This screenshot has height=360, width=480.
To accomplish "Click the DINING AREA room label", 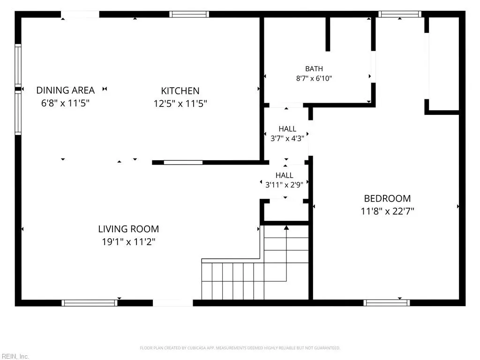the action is [x=66, y=90].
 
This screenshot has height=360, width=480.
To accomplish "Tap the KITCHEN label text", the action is [x=180, y=91].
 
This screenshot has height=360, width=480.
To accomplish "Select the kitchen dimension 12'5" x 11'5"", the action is [x=180, y=104].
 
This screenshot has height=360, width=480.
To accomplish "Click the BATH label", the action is [x=314, y=68].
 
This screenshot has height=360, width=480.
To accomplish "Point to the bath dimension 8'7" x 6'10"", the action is [x=314, y=78].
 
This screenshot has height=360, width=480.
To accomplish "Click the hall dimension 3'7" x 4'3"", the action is [x=287, y=138].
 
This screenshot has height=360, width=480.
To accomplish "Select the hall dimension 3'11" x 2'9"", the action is [x=285, y=185].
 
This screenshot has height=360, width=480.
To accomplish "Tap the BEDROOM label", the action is [x=388, y=198].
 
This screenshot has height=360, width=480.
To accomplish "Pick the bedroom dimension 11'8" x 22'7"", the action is [x=388, y=211].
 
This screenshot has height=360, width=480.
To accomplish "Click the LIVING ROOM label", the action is [x=128, y=229].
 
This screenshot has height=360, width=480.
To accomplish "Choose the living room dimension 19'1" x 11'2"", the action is [x=128, y=242].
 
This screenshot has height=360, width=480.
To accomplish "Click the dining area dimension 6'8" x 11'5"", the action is [x=66, y=103].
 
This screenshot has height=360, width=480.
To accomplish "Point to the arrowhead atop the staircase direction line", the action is [x=286, y=227].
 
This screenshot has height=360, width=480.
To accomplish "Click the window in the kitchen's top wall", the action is [x=189, y=14].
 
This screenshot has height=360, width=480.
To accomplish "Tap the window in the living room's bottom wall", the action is [x=90, y=303].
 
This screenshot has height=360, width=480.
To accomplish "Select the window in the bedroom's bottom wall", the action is [x=387, y=303].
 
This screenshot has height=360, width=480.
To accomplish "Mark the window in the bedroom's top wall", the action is [x=400, y=14].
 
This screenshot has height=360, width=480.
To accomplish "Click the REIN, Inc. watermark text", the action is [x=15, y=356].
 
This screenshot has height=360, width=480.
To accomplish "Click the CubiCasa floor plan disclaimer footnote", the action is [x=240, y=348].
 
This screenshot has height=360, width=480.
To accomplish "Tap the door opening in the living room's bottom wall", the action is [x=172, y=303].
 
